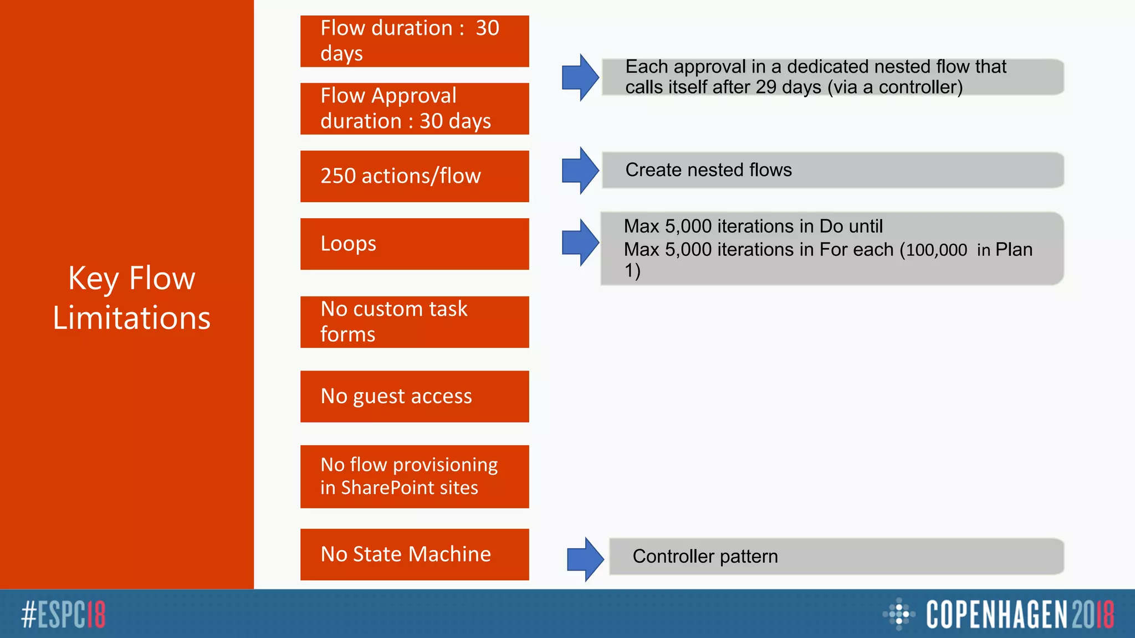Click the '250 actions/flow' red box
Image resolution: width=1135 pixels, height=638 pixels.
pyautogui.click(x=415, y=176)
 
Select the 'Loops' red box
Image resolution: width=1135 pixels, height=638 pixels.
pyautogui.click(x=415, y=244)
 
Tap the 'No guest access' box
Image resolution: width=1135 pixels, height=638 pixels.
pyautogui.click(x=415, y=397)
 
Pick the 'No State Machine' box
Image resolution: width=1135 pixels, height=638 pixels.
pyautogui.click(x=415, y=554)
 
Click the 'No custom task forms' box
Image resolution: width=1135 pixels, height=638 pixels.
pyautogui.click(x=415, y=322)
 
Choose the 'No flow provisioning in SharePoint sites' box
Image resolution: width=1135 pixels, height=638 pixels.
pyautogui.click(x=415, y=476)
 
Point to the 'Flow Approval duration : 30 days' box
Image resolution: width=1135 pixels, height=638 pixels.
pyautogui.click(x=415, y=109)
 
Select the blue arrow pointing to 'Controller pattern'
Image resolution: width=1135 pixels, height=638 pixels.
pyautogui.click(x=585, y=559)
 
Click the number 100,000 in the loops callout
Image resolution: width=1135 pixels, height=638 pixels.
pyautogui.click(x=937, y=250)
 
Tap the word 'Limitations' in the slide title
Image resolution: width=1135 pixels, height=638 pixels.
pyautogui.click(x=132, y=318)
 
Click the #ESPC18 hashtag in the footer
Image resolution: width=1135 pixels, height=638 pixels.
pyautogui.click(x=63, y=615)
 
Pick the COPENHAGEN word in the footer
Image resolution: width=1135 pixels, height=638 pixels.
pyautogui.click(x=996, y=615)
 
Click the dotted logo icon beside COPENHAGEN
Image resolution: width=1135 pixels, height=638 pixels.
pyautogui.click(x=898, y=614)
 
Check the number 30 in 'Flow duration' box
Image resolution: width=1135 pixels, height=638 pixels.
pyautogui.click(x=488, y=28)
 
